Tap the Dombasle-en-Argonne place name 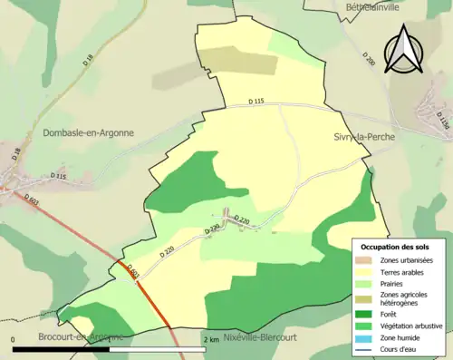pos(88,132)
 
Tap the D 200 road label pos(368,60)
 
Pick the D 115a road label pos(442,119)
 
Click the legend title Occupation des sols pos(397,247)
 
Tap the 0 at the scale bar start pos(14,339)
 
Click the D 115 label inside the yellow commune pos(259,102)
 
